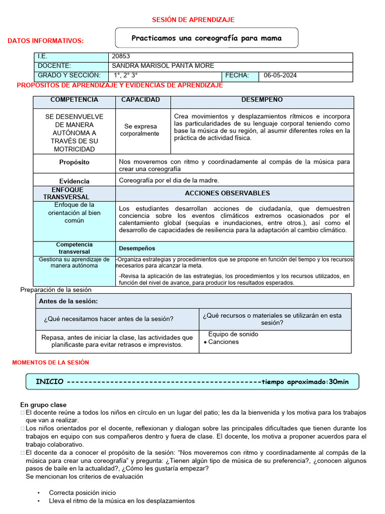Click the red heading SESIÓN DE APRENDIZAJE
(193, 20)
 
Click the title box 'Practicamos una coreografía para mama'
(207, 38)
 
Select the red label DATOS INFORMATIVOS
(46, 41)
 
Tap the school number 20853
(121, 57)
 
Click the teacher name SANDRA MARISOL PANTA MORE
(162, 66)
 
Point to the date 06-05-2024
(280, 76)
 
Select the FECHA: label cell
(237, 76)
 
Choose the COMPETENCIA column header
(74, 100)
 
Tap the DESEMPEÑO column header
(262, 100)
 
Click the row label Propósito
(74, 163)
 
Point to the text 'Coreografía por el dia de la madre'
(169, 181)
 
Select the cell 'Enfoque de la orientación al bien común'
(74, 212)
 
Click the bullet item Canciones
(224, 342)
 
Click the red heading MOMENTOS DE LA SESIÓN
(50, 362)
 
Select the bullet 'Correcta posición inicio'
(82, 493)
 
